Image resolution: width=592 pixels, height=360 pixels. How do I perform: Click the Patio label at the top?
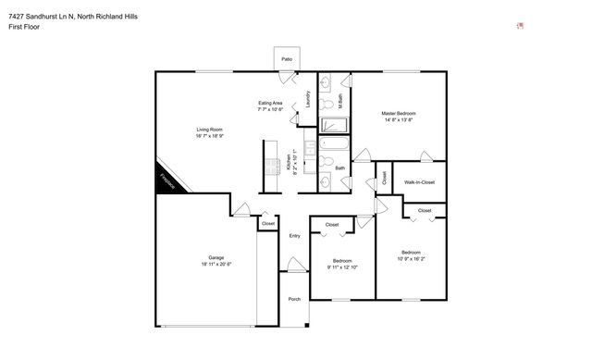click(x=288, y=58)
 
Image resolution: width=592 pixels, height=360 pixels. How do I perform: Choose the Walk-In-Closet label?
click(x=419, y=182)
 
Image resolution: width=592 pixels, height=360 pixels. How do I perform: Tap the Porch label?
click(x=294, y=299)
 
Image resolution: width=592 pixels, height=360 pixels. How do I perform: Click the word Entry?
click(x=294, y=236)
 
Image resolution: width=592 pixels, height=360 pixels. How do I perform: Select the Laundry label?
click(x=307, y=96)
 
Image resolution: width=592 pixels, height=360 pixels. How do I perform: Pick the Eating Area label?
click(x=270, y=102)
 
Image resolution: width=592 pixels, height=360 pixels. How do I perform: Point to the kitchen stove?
click(x=272, y=166)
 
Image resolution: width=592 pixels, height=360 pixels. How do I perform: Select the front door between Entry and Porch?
click(x=294, y=269)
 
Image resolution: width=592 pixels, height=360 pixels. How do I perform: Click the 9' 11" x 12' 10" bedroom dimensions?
click(x=342, y=267)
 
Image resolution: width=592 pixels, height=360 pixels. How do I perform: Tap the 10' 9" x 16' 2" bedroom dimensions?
click(x=411, y=259)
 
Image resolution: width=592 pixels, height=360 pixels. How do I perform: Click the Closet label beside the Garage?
click(x=267, y=224)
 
